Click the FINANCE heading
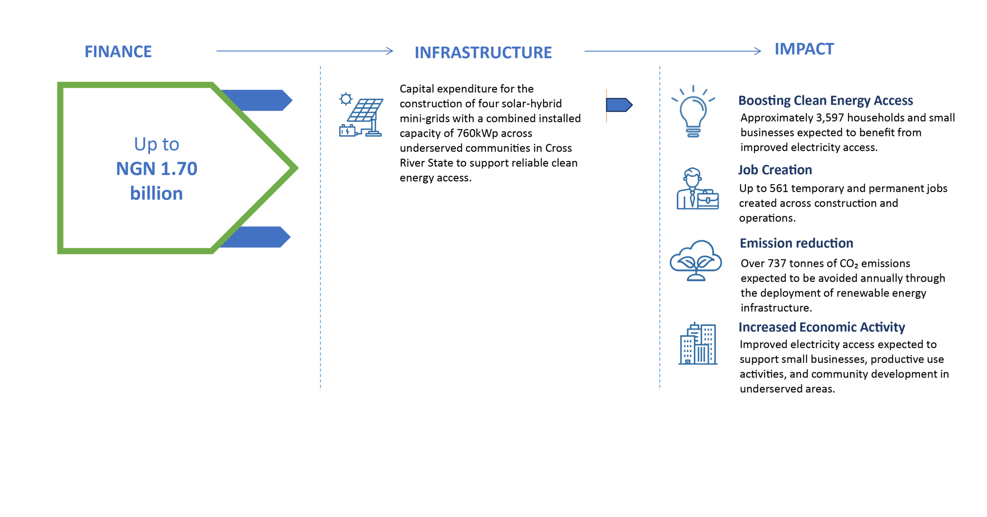pos(118,52)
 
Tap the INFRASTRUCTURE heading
pos(483,53)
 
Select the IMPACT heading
pos(804,49)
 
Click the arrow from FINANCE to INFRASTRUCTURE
pos(305,51)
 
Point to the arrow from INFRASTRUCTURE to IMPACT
pos(673,51)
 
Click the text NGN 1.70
pos(157,169)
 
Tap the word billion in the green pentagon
pos(157,193)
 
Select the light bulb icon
pos(693,111)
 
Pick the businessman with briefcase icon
pos(697,189)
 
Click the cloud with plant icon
pos(696,260)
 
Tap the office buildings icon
pos(698,343)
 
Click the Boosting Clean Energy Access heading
pos(825,101)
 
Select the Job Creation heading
pos(775,170)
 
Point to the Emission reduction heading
pos(796,243)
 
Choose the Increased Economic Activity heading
pos(822,327)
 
